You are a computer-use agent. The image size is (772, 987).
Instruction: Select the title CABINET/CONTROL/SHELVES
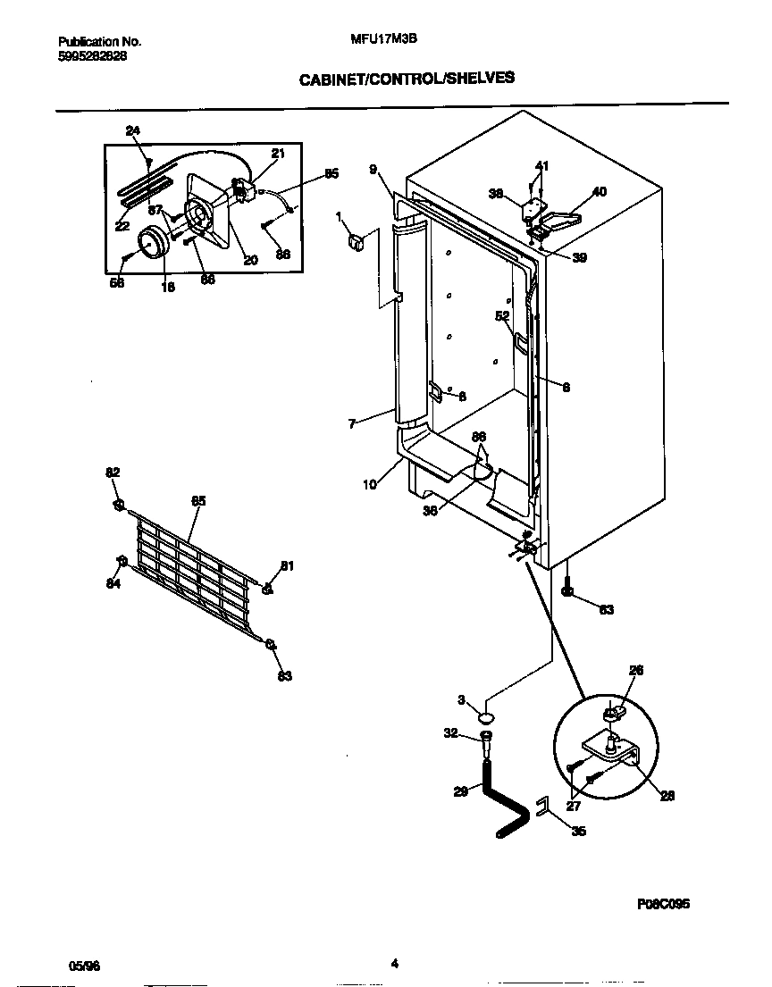[406, 78]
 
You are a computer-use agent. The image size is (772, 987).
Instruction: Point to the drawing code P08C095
[663, 904]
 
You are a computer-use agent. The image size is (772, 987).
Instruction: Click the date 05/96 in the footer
[85, 965]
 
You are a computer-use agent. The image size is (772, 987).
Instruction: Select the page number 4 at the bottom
[393, 963]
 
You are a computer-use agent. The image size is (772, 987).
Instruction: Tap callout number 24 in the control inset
[133, 131]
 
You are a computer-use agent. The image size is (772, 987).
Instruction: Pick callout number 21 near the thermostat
[277, 154]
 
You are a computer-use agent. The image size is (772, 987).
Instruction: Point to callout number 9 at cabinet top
[373, 169]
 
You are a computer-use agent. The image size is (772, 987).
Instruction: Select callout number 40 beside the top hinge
[599, 191]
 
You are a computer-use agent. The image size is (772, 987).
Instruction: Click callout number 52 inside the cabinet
[502, 315]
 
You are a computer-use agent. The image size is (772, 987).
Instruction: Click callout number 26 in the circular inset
[635, 670]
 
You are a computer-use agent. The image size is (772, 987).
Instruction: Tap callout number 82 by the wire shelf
[113, 472]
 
